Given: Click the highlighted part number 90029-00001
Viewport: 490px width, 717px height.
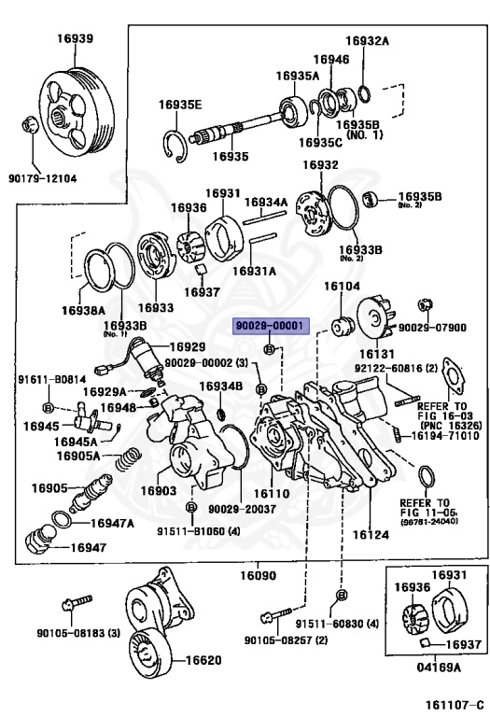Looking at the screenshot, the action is [269, 326].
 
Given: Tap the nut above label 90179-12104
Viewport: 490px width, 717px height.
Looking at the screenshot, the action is [29, 125].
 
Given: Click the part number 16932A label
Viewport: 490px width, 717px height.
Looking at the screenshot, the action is [367, 41].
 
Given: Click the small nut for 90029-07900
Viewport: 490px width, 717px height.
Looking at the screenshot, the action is [426, 303].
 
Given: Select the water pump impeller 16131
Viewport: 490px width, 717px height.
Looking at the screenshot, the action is [375, 317].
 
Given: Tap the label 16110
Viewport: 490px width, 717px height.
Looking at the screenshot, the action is [272, 493].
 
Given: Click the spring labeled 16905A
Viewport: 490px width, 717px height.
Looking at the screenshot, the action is [128, 458].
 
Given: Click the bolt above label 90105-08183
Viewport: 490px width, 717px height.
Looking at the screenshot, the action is [77, 602].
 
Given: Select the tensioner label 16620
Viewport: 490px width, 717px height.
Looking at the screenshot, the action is [203, 660].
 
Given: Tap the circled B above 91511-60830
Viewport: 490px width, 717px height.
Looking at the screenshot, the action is [342, 595].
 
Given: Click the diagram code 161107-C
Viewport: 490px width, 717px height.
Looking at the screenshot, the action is [455, 704].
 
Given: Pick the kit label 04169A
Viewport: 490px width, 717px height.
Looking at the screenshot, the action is [438, 667].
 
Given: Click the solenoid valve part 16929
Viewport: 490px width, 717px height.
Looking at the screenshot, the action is [145, 359].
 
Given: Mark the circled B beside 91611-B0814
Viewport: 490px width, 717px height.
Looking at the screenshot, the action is [49, 406].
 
